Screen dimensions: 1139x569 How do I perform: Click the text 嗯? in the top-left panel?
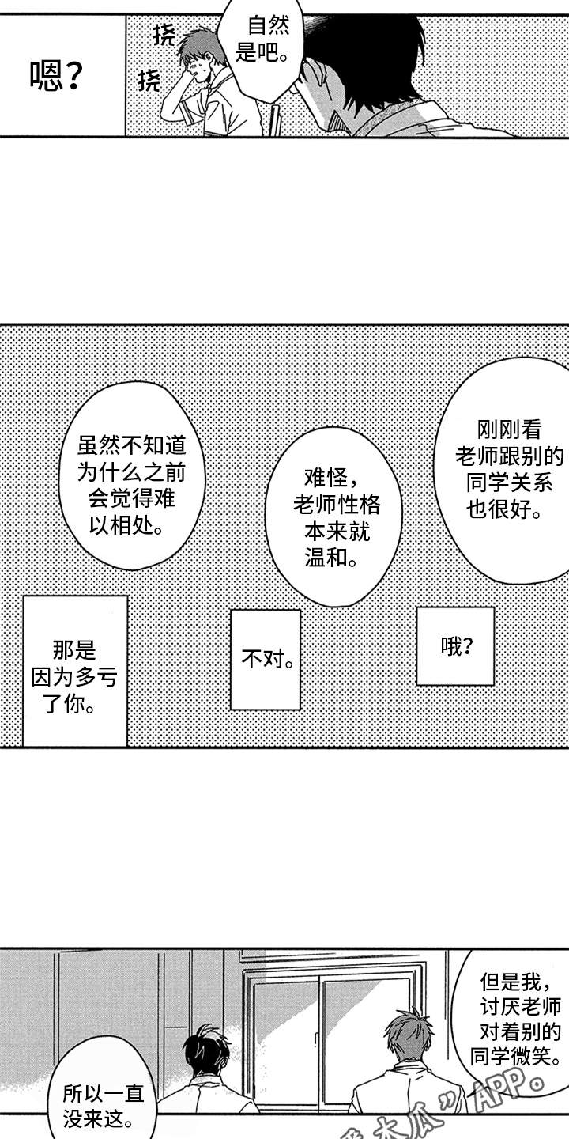(x=56, y=77)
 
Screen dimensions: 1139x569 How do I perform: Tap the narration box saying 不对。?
(x=266, y=659)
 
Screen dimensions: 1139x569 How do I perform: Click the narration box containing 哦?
(x=456, y=646)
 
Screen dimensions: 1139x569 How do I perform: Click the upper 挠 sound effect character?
(x=164, y=34)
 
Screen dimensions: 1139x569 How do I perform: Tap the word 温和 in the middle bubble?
(x=326, y=558)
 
